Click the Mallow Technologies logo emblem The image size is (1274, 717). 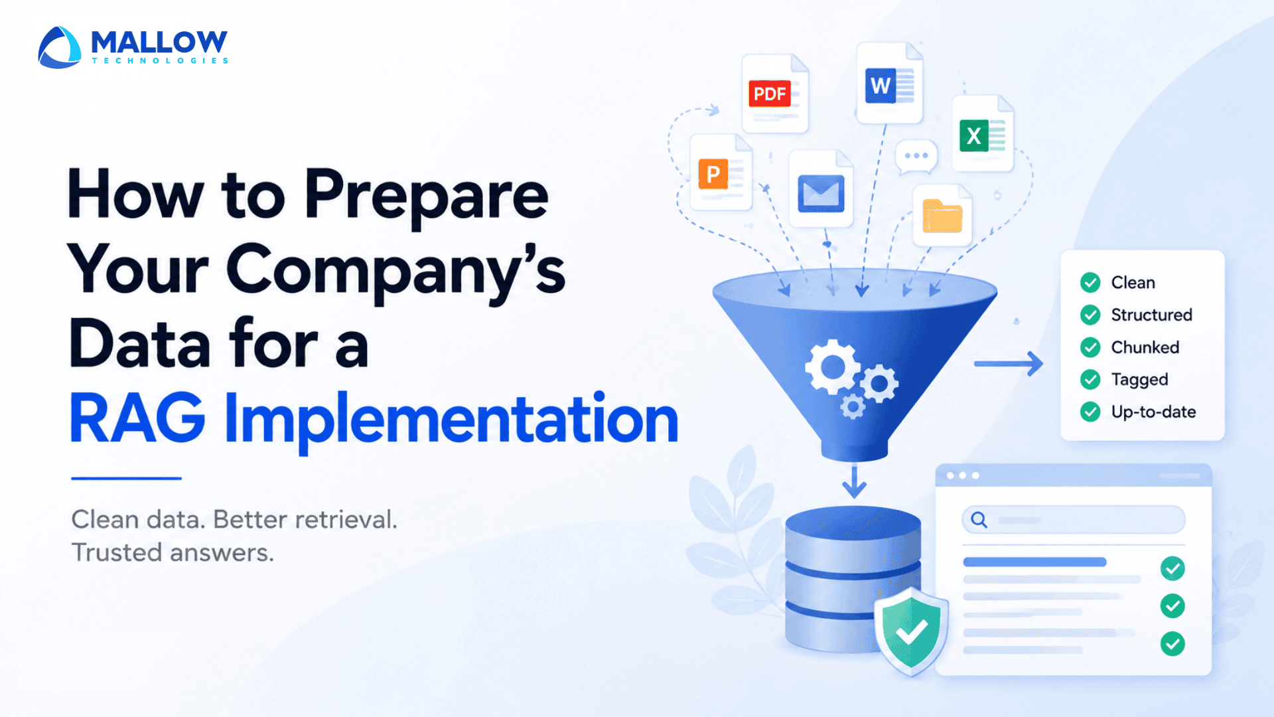click(60, 47)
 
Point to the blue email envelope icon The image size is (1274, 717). click(821, 193)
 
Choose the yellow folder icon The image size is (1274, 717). click(942, 216)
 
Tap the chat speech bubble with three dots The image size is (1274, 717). click(916, 157)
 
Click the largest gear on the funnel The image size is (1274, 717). click(832, 366)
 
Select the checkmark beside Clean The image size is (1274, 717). click(1090, 283)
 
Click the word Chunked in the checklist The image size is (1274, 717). click(1145, 347)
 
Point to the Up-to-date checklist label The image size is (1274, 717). click(1154, 412)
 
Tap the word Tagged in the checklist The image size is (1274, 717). click(1140, 380)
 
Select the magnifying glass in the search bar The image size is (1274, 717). click(979, 520)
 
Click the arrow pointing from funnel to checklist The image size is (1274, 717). click(1009, 364)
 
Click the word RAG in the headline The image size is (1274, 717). click(137, 418)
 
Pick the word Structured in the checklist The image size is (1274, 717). click(1152, 315)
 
